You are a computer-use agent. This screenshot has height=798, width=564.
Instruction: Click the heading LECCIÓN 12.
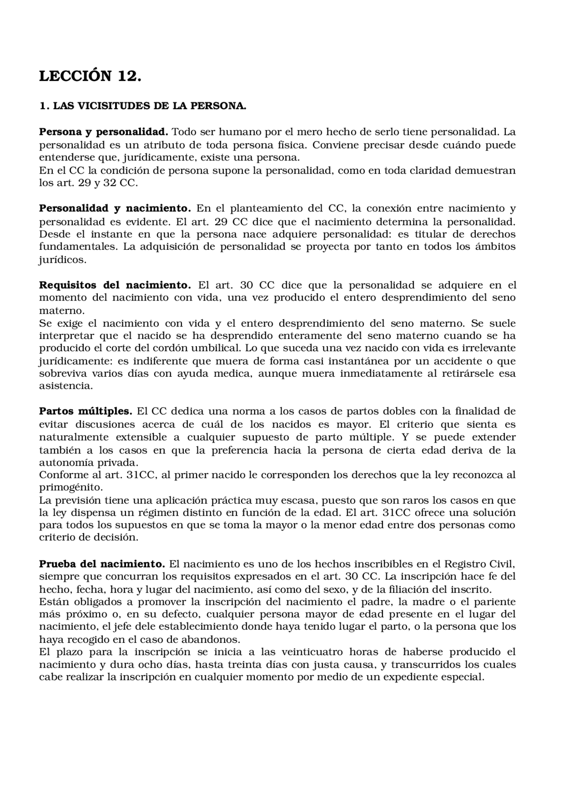coord(90,76)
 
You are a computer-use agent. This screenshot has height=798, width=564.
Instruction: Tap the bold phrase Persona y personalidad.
coord(104,132)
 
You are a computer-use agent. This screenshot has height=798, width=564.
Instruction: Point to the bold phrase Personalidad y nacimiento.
coord(115,208)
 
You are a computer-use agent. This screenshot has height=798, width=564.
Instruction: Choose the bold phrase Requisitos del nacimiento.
coord(115,285)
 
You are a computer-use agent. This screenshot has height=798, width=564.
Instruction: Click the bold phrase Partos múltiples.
coord(85,412)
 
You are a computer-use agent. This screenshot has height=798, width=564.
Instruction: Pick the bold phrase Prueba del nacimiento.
coord(102,564)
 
